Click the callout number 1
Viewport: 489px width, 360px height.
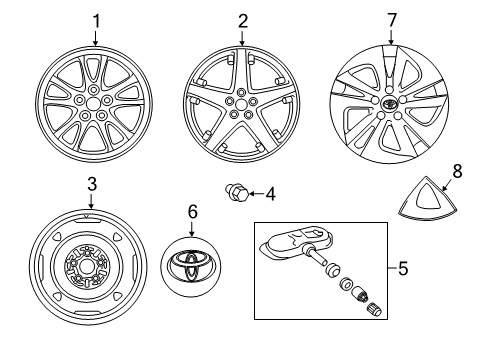pos(96,20)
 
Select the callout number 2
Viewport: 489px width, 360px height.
pos(241,20)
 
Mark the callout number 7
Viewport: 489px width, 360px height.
pos(391,20)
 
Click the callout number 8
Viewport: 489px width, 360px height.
pos(458,171)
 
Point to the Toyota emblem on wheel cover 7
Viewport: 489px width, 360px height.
pos(391,103)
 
